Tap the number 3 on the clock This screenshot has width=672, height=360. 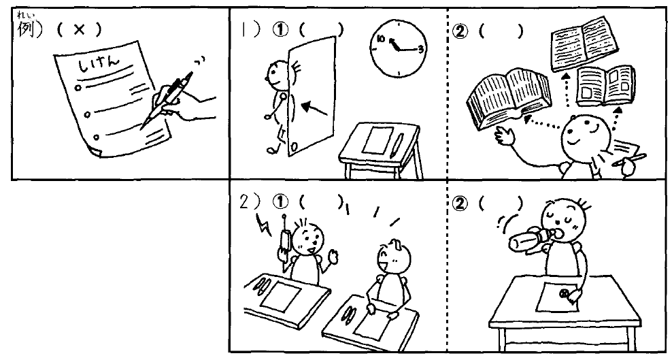(420, 49)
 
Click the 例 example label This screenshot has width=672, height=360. (26, 29)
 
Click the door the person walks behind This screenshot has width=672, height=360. (312, 96)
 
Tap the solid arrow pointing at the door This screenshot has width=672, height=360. (314, 109)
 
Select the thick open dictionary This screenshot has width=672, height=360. (509, 99)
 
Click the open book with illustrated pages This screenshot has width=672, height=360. (605, 86)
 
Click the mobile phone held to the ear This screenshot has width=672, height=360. (284, 246)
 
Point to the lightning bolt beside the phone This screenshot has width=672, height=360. (263, 225)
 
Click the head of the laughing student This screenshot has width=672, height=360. (393, 257)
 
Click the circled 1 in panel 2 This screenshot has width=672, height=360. (280, 202)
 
